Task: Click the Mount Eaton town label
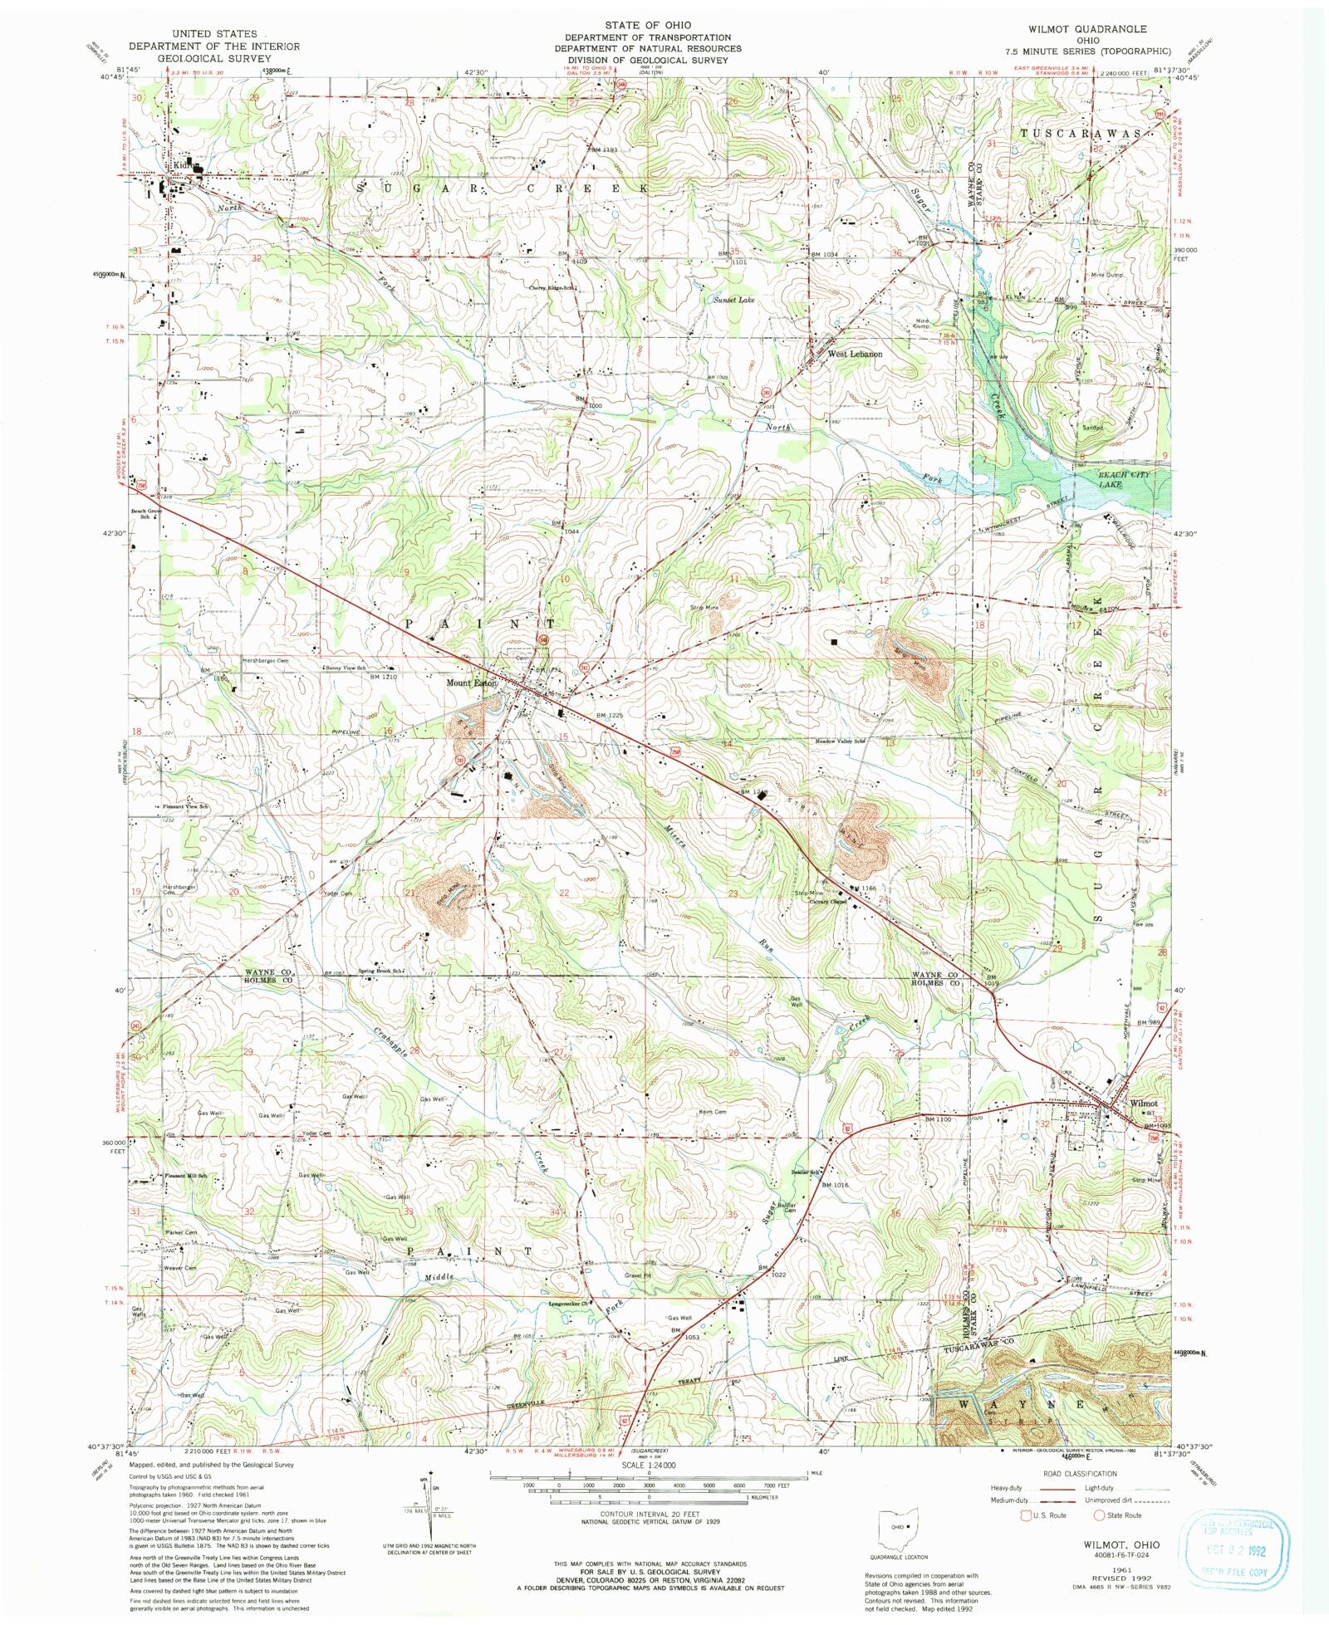(x=471, y=683)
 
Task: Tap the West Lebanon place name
(x=854, y=353)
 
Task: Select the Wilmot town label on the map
(x=1144, y=1103)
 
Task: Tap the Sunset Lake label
(x=734, y=298)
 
